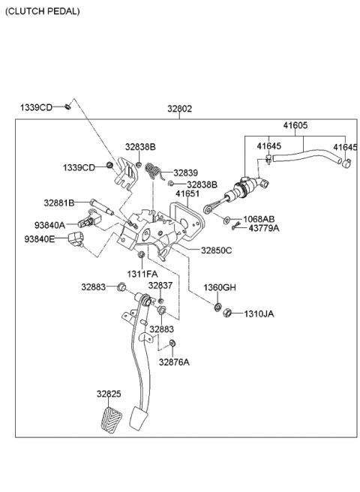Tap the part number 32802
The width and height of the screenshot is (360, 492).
[x=179, y=109]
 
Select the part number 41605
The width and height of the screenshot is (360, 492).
[x=295, y=125]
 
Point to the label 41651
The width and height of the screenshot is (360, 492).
[x=187, y=193]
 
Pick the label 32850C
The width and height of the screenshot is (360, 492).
[x=216, y=250]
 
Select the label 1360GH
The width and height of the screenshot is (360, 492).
[x=219, y=287]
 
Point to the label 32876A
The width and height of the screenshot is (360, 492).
[x=173, y=361]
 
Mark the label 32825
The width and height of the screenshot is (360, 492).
[x=108, y=393]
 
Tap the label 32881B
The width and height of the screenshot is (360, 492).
[x=58, y=202]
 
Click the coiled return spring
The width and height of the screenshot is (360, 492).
[x=154, y=172]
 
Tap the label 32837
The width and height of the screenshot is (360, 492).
[x=160, y=286]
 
